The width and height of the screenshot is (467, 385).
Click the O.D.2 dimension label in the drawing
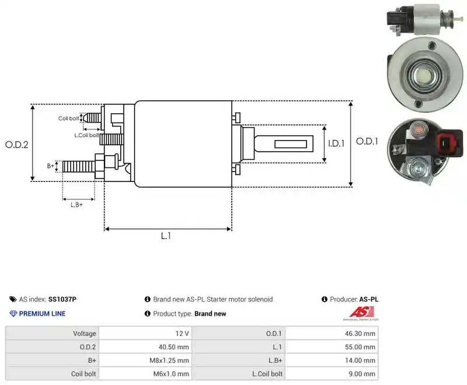(x=17, y=145)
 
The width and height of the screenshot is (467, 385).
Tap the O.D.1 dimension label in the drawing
(x=367, y=141)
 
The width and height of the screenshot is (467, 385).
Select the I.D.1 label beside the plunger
(x=336, y=143)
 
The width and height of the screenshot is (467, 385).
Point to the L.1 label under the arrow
(x=166, y=236)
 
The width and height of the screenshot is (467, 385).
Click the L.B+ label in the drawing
(x=76, y=205)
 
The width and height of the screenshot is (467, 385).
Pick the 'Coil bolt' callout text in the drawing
(x=68, y=118)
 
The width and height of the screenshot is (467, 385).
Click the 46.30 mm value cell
(x=360, y=334)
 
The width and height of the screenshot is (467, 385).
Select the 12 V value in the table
(x=182, y=334)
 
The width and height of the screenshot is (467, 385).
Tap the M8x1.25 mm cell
(x=169, y=360)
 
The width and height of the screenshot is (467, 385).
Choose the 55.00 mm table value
(x=360, y=347)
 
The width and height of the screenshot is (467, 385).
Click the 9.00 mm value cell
(x=362, y=374)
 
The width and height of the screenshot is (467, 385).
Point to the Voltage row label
(x=85, y=334)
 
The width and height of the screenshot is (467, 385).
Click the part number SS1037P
(x=62, y=299)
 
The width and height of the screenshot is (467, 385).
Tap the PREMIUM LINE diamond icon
(x=13, y=314)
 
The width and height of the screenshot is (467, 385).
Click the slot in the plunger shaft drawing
(x=290, y=144)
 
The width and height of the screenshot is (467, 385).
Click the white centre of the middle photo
(x=423, y=76)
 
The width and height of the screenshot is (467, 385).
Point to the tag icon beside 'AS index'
(x=13, y=299)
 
